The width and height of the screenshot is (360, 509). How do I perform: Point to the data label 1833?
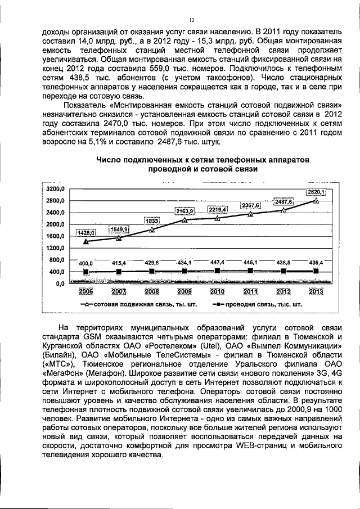(152, 221)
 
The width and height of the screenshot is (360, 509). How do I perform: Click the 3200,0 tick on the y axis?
(56, 189)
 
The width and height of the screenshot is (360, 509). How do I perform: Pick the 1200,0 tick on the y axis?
(56, 248)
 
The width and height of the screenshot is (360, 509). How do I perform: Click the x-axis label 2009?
(184, 291)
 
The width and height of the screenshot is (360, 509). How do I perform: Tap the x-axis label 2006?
(86, 291)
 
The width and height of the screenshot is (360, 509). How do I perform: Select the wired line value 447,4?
(217, 263)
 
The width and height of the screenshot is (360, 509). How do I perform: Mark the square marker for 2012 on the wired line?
(283, 271)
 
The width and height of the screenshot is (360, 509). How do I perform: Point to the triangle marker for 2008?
(152, 229)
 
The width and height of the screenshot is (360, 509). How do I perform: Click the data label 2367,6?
(250, 206)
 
